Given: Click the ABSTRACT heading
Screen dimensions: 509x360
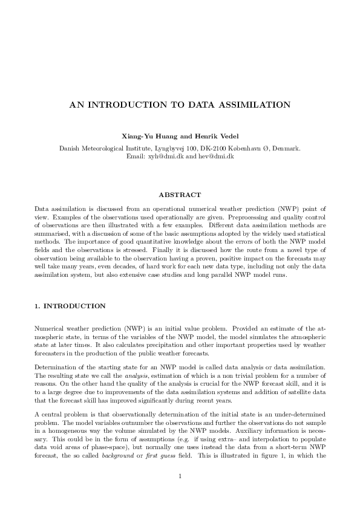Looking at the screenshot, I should (180, 195).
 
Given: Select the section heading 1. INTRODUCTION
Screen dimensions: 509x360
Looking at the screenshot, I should (70, 306).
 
